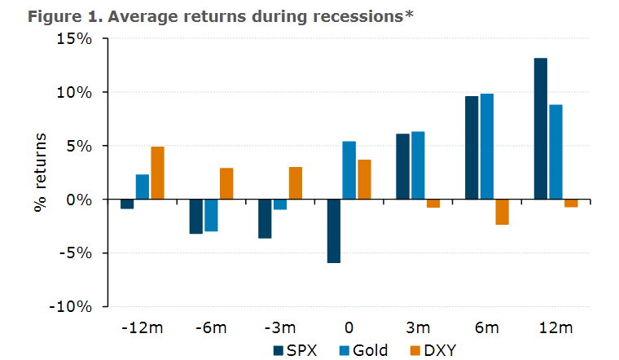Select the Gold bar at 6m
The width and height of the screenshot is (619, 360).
487,147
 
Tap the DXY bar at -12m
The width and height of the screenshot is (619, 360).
157,173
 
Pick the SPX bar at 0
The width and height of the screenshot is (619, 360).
334,231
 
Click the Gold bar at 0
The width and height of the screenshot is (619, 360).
349,170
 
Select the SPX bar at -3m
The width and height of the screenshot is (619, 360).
265,218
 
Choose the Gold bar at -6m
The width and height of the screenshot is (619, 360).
211,215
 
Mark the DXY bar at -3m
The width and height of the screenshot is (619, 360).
295,182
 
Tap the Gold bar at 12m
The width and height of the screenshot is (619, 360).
555,151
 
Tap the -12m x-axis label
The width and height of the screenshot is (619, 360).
142,327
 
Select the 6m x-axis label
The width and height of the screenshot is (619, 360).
486,327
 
